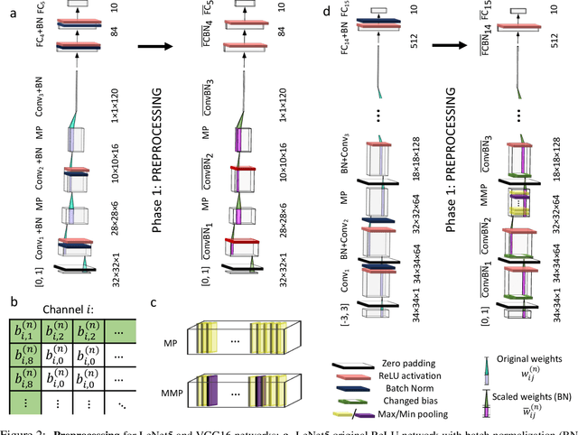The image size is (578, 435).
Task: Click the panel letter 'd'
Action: pos(302,13)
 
